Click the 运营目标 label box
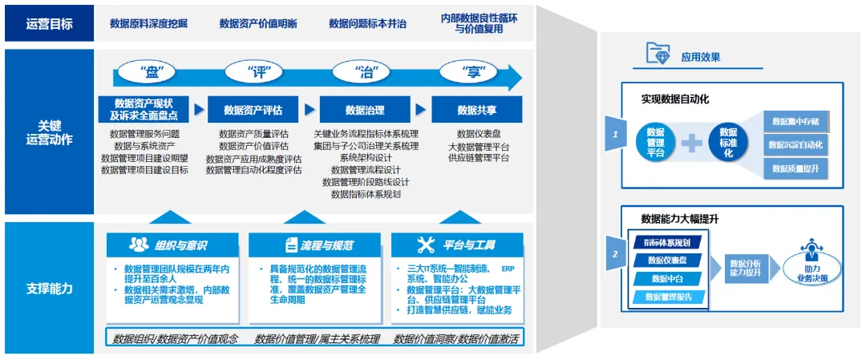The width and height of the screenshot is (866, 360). point(49,24)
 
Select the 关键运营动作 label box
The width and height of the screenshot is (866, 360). point(49,132)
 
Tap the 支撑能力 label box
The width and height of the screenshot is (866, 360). point(49,288)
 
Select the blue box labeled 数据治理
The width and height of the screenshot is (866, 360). point(365,110)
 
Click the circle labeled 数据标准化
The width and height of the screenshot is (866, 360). point(728,143)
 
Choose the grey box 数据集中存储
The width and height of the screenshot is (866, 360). point(795,121)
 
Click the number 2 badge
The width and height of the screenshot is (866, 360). point(615,255)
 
